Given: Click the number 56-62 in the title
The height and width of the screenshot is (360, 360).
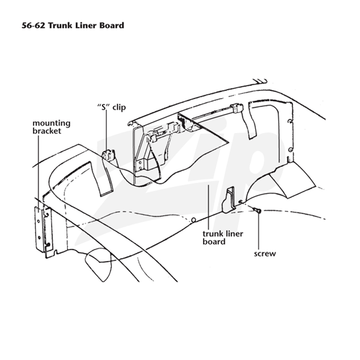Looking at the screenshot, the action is (x=34, y=25).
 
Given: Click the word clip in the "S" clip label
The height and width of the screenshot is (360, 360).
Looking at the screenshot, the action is (x=119, y=108).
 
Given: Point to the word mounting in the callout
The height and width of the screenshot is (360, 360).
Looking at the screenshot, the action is (x=51, y=123).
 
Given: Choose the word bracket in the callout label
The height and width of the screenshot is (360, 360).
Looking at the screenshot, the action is (x=47, y=131).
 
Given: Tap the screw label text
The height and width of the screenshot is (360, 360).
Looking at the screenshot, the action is (x=265, y=254).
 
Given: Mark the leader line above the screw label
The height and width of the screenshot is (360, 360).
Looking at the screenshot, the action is (x=259, y=231).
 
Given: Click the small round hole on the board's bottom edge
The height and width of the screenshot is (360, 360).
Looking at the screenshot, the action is (x=193, y=220).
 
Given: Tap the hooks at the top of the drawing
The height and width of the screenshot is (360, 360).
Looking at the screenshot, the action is (x=260, y=81).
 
